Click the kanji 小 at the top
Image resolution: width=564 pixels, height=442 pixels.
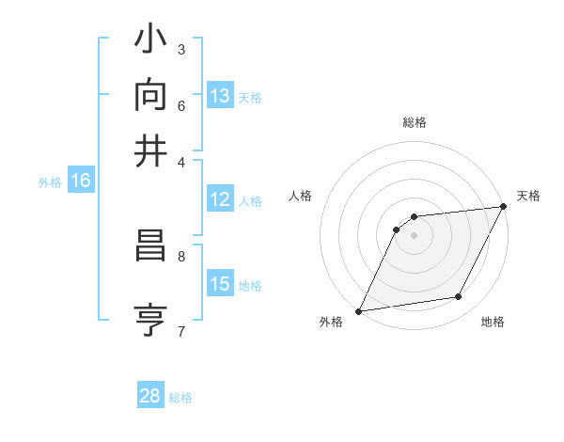click(151, 42)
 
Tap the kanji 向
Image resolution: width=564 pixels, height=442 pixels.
click(151, 95)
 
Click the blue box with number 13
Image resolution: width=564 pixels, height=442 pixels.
click(220, 96)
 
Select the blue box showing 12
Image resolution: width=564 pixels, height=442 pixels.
click(220, 200)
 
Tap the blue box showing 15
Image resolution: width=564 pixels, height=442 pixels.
click(220, 285)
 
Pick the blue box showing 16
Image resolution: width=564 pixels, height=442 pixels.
click(80, 182)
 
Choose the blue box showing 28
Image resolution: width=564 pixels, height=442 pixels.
click(150, 397)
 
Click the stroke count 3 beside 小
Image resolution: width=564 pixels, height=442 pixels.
click(181, 49)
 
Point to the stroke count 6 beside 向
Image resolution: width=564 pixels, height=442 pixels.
click(181, 104)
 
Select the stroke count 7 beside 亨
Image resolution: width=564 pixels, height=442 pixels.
click(181, 331)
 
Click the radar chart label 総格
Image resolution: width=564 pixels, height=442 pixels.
click(415, 122)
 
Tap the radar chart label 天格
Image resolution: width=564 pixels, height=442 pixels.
click(528, 196)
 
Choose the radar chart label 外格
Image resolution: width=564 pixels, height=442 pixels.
click(331, 323)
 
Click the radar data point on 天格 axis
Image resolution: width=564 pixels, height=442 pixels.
click(503, 207)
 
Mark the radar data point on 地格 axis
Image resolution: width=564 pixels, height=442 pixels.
click(459, 297)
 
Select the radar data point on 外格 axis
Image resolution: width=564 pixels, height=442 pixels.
click(358, 311)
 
